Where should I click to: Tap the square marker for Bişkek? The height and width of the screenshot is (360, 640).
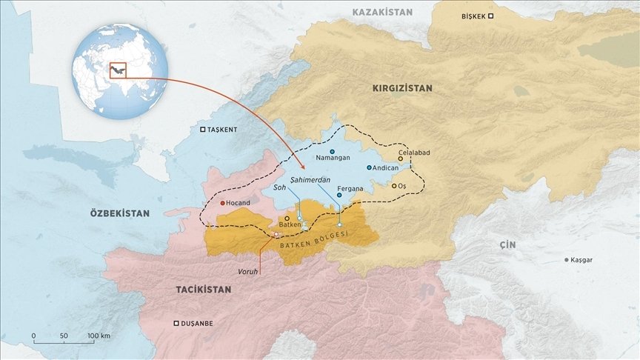click(x=490, y=16)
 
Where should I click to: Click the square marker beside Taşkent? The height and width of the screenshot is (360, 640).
click(x=204, y=130)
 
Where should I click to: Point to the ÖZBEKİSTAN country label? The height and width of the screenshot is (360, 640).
click(x=119, y=213)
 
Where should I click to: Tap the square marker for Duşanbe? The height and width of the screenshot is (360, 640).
click(x=176, y=324)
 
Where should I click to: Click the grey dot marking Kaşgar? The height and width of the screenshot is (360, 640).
click(x=567, y=260)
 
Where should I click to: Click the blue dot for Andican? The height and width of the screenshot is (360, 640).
click(x=369, y=167)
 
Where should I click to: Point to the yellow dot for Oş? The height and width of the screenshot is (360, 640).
click(x=394, y=186)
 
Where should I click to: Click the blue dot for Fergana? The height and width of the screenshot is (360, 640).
click(x=339, y=196)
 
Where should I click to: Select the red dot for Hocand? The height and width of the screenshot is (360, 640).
click(x=222, y=202)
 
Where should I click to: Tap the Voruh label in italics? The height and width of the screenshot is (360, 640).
click(x=247, y=271)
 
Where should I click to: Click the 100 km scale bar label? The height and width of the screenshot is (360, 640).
click(x=99, y=336)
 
